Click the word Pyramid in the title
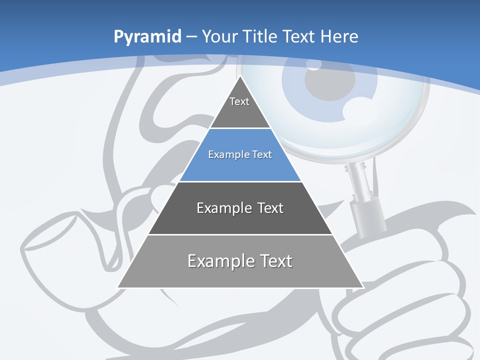point(147,37)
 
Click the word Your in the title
point(219,36)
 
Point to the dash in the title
point(191,37)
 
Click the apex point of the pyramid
point(240,76)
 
